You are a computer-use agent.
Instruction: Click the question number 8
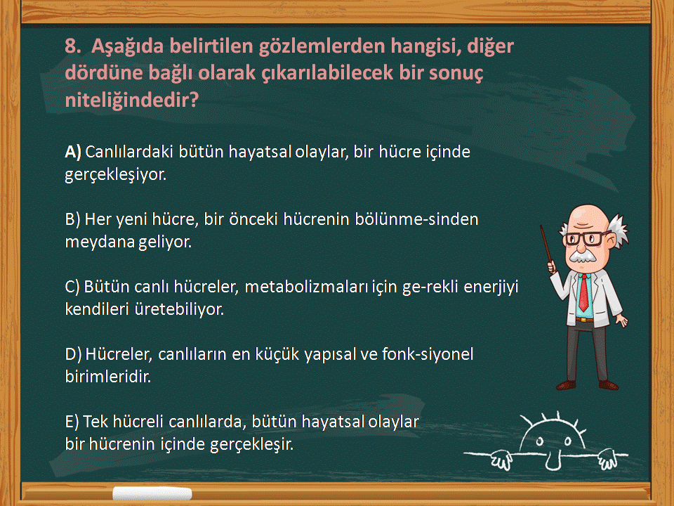[x=73, y=46]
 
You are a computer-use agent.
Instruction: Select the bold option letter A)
[x=73, y=152]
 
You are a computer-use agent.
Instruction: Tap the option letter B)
[x=72, y=219]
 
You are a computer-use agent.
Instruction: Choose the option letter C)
[x=72, y=287]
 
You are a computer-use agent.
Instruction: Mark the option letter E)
[x=72, y=422]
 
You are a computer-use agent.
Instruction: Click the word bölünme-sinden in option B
[x=416, y=219]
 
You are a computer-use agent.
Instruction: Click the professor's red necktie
[x=583, y=292]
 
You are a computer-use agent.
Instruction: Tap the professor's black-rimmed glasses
[x=586, y=238]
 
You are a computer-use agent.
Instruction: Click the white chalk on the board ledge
[x=152, y=493]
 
